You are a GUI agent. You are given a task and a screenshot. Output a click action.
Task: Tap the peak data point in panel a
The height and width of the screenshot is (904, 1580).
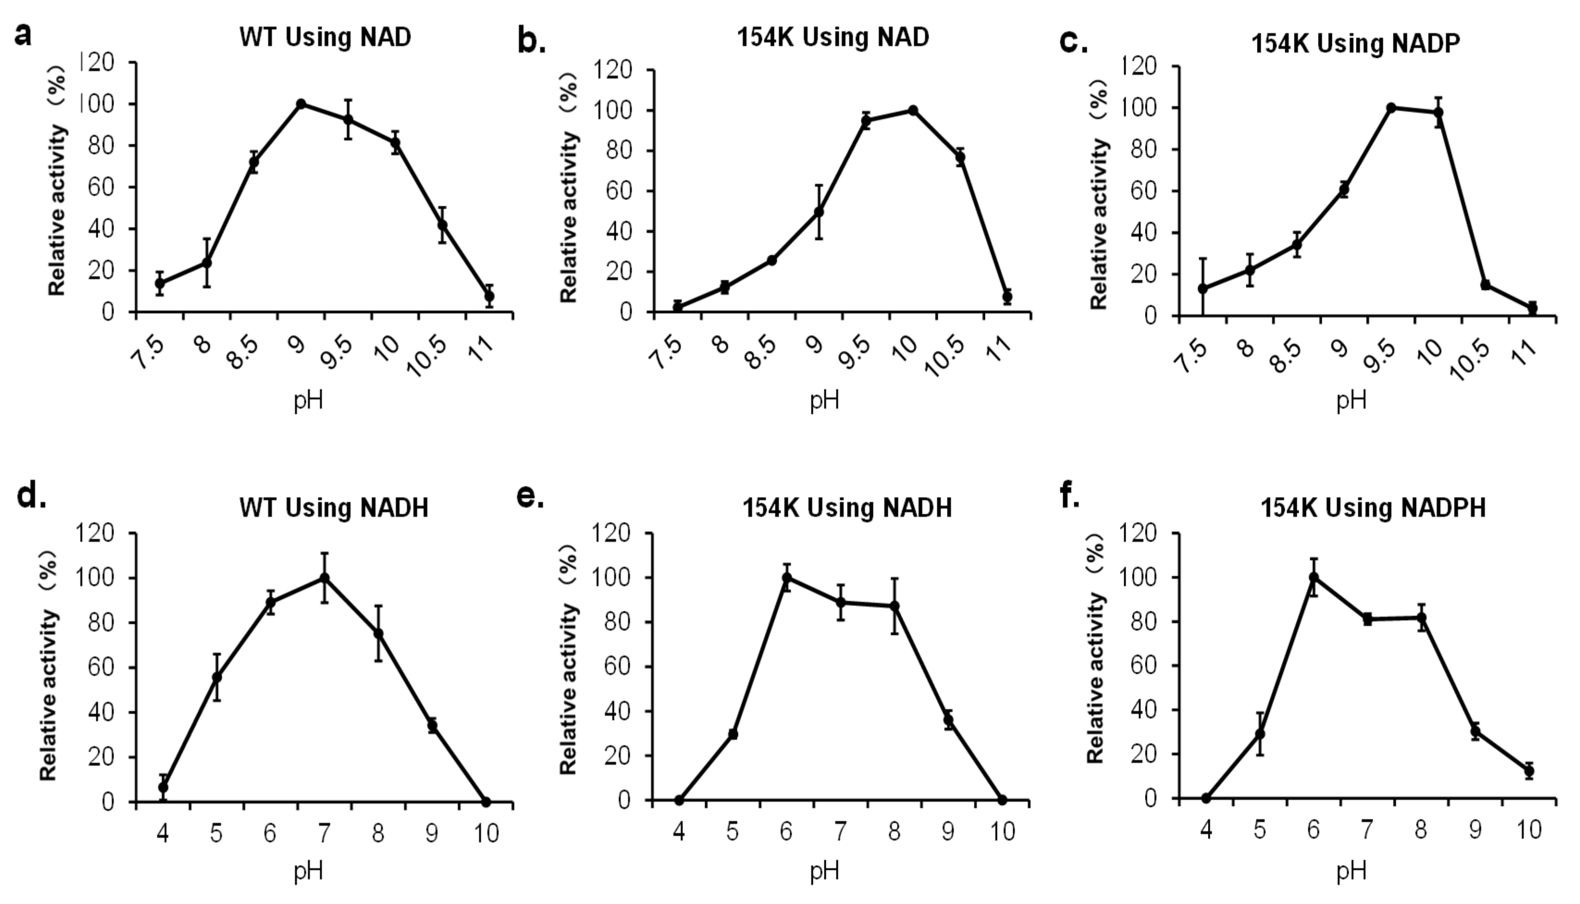point(301,104)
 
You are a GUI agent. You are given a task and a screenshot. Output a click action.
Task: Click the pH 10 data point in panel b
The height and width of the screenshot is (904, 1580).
point(913,111)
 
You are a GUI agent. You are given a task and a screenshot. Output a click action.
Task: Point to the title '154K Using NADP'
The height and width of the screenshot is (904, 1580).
point(1355,43)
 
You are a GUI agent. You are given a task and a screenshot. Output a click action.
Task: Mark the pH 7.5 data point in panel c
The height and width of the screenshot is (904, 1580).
point(1203,289)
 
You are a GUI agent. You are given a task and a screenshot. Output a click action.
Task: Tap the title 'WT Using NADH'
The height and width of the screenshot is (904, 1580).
point(334,508)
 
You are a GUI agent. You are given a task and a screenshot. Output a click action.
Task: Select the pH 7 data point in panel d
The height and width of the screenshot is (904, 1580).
point(324,578)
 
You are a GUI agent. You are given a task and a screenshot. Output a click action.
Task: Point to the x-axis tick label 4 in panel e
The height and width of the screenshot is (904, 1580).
point(679,831)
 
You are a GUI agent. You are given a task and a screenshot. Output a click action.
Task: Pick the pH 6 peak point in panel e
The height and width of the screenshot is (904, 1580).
point(787,578)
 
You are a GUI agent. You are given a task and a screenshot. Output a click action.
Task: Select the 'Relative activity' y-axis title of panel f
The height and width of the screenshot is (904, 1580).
point(1096,677)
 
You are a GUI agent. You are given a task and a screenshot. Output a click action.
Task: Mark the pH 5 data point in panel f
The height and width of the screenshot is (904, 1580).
point(1260,734)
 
